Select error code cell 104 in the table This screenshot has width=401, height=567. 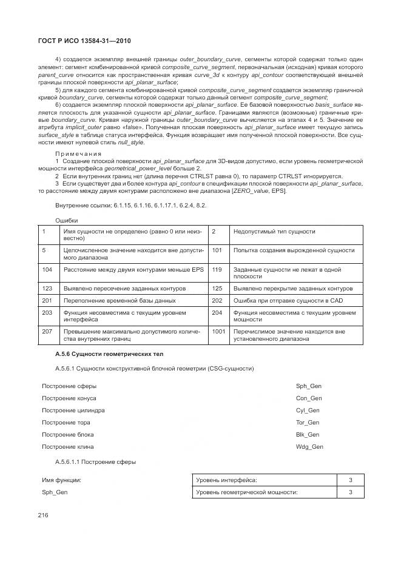coord(47,269)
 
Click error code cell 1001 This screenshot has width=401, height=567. coord(218,332)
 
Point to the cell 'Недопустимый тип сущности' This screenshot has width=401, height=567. coord(274,232)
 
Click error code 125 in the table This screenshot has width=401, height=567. coord(218,288)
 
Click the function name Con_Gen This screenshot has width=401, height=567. coord(308,398)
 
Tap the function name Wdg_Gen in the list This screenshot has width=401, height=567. coord(309,446)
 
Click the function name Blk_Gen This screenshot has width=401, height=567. coord(308,434)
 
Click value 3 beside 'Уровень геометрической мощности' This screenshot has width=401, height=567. coord(350,492)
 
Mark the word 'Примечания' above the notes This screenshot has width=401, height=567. coord(78,153)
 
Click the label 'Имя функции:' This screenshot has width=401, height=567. coord(61,480)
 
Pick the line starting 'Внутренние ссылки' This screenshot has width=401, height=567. coord(130,206)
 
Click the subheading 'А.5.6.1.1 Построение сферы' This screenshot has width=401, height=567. coord(95,462)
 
